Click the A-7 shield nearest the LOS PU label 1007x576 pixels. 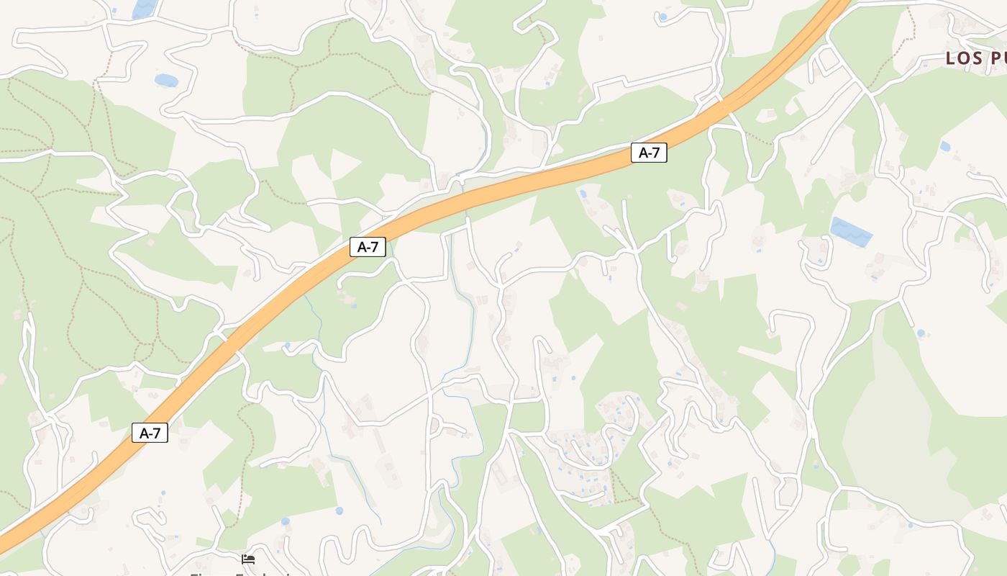649,153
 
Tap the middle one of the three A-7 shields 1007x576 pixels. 368,247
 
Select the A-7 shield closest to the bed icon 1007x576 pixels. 150,433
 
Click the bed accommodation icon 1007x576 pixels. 248,559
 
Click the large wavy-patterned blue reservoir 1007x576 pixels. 851,232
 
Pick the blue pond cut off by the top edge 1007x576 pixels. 144,9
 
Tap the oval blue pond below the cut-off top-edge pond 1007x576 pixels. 166,80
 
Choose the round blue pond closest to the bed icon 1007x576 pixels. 285,521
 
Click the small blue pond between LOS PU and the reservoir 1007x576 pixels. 944,146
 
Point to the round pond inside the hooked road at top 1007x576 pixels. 662,17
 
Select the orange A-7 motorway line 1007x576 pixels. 503,189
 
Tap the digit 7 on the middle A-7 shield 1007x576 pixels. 375,247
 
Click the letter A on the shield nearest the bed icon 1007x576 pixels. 143,433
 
